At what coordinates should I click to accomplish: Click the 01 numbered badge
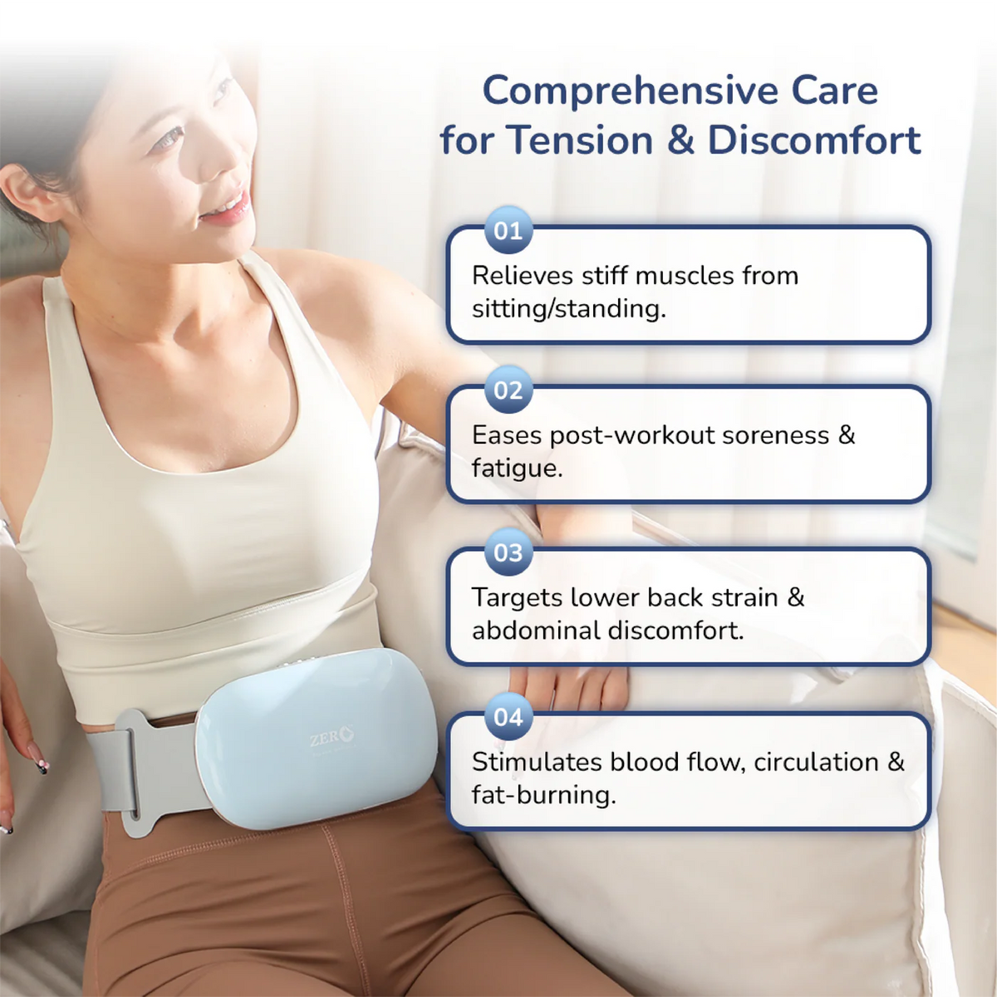tap(508, 230)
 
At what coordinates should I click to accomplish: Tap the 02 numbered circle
tap(508, 390)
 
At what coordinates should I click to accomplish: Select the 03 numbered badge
tap(508, 552)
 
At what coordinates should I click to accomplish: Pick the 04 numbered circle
tap(508, 717)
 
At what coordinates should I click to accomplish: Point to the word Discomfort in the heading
tap(814, 140)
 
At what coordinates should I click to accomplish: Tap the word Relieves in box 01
tap(522, 275)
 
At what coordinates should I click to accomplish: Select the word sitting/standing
tap(568, 309)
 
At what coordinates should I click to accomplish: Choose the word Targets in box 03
tap(517, 597)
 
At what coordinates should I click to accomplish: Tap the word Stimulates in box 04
tap(537, 762)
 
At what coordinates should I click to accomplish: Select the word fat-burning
tap(543, 796)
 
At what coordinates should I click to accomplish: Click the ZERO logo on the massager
tap(332, 737)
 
